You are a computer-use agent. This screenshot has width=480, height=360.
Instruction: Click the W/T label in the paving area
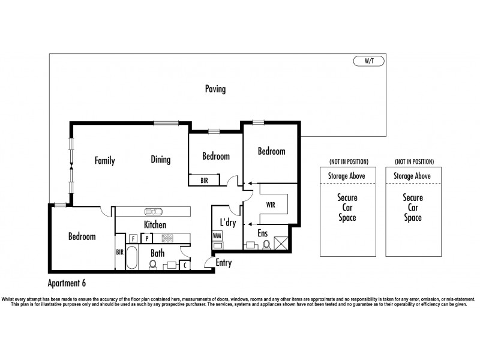(368, 61)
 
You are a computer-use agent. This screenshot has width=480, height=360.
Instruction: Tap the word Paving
(215, 89)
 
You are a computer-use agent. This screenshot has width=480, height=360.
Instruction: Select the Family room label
(104, 161)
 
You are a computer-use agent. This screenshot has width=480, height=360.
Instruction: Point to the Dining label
(161, 160)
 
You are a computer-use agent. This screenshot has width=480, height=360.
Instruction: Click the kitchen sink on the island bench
(152, 211)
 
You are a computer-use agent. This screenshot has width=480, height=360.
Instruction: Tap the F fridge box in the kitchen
(132, 238)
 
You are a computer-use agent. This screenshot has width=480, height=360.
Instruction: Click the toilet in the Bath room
(153, 264)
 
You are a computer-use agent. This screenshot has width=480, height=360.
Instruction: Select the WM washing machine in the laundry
(217, 236)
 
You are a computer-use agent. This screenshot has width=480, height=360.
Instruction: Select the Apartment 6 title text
(70, 280)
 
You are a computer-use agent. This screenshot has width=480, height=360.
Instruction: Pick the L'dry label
(227, 223)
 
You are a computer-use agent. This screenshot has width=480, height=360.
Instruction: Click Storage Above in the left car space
(349, 176)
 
